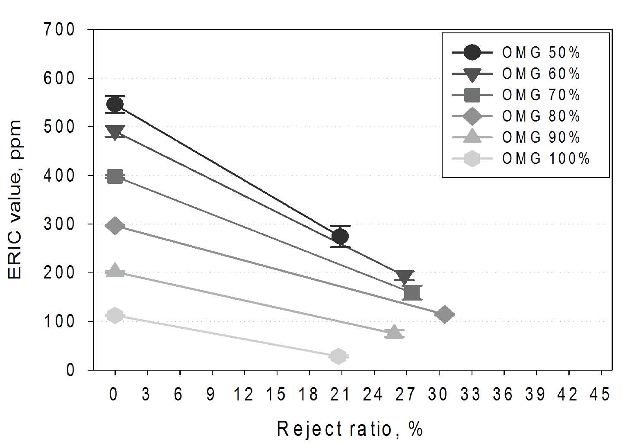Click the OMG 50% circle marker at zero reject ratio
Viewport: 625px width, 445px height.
(x=115, y=104)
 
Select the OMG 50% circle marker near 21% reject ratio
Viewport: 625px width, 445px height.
(x=340, y=236)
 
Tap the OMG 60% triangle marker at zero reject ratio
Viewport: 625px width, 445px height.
(x=115, y=132)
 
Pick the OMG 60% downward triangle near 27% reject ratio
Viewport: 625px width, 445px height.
(x=405, y=277)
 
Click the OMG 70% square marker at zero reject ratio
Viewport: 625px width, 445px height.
(x=115, y=176)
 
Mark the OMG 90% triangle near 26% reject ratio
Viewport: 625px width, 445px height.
(x=394, y=332)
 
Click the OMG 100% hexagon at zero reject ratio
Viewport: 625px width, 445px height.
(x=115, y=315)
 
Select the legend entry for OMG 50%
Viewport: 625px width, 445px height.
(x=541, y=53)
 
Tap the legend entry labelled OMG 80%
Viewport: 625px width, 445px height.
(x=541, y=116)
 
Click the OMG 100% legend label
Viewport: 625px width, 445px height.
(x=545, y=159)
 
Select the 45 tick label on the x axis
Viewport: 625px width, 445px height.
(x=601, y=394)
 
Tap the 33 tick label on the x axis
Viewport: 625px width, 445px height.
(x=471, y=394)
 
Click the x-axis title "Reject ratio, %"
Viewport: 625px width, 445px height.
(x=349, y=429)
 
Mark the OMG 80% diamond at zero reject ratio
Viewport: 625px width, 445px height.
(x=115, y=226)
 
